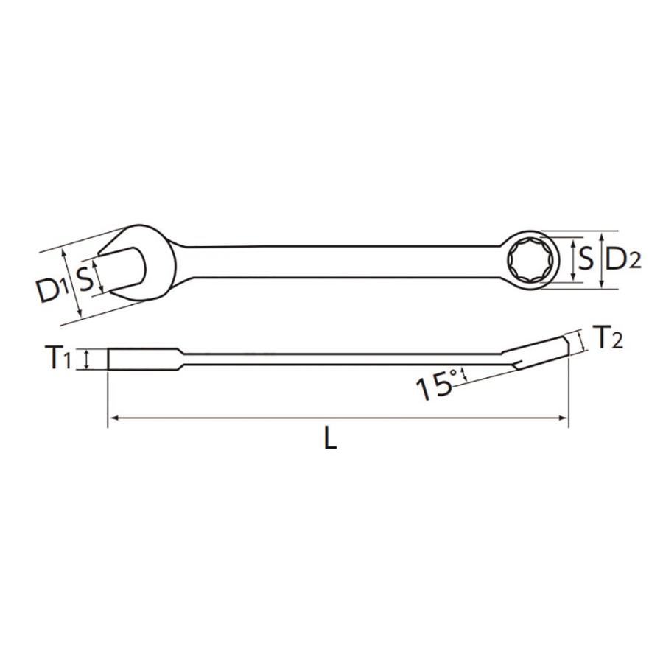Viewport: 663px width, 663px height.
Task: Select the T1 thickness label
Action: coord(60,359)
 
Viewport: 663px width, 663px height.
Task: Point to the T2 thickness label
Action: coord(608,338)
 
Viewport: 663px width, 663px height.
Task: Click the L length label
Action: coord(331,440)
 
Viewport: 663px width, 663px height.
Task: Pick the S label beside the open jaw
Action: coord(85,278)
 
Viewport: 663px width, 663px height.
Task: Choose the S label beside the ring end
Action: coord(586,259)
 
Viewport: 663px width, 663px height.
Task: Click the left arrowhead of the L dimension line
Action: coord(113,419)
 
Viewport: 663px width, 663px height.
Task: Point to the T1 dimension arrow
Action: coord(88,359)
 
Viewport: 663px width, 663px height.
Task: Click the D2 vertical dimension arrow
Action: coord(603,260)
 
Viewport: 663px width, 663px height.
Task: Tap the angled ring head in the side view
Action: coord(541,351)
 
